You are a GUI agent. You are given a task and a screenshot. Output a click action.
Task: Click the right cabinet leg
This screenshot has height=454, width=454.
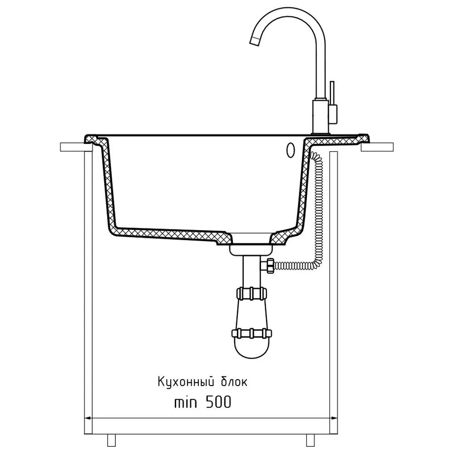(x=310, y=440)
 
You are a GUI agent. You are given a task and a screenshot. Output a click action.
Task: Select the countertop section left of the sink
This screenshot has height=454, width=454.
(x=73, y=147)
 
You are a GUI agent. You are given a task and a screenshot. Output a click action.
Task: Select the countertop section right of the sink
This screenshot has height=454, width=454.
(x=377, y=147)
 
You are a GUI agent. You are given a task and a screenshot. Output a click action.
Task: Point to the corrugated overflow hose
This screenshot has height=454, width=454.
(x=317, y=204)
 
